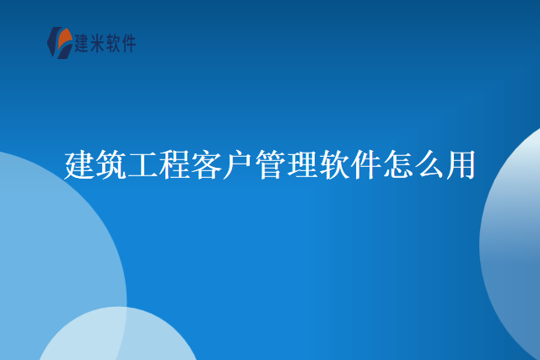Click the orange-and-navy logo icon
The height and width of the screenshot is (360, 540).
pyautogui.click(x=60, y=42)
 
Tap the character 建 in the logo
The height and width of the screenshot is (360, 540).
pyautogui.click(x=83, y=43)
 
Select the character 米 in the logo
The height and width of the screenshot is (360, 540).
pyautogui.click(x=100, y=43)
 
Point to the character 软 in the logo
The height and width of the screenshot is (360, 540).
pyautogui.click(x=116, y=43)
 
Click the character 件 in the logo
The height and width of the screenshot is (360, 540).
pyautogui.click(x=131, y=43)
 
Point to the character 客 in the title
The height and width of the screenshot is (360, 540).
pyautogui.click(x=207, y=165)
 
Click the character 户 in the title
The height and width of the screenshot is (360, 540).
pyautogui.click(x=239, y=165)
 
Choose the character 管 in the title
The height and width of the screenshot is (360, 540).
pyautogui.click(x=270, y=165)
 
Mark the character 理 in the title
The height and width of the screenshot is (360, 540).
pyautogui.click(x=302, y=165)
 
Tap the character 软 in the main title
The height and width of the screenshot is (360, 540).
pyautogui.click(x=333, y=165)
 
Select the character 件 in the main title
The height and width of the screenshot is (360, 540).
pyautogui.click(x=365, y=165)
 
